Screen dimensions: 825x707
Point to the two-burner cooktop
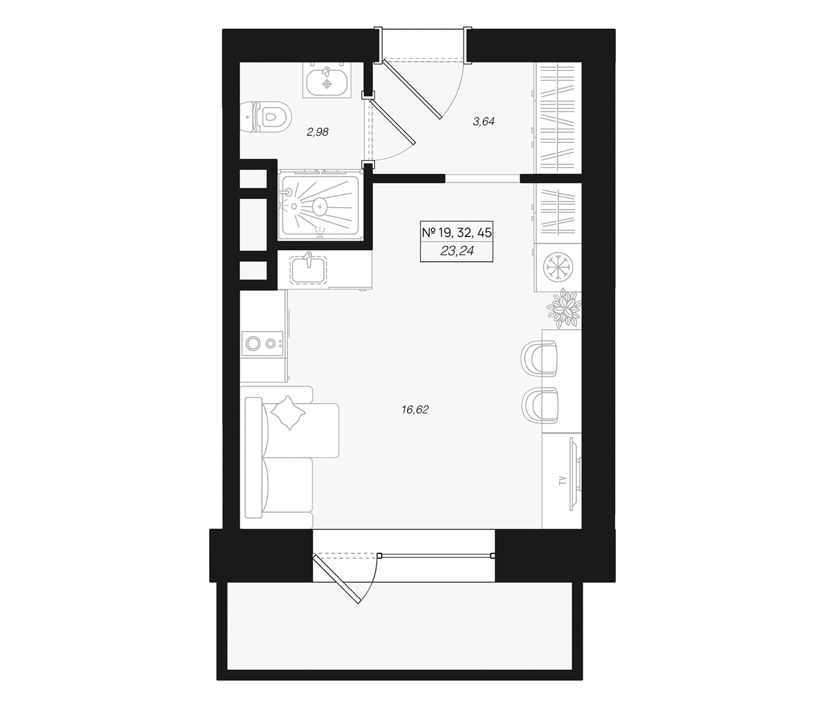[262, 343]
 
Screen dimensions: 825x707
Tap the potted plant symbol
[564, 308]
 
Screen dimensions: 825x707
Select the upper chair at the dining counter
[539, 357]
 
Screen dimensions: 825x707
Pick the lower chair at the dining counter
[539, 405]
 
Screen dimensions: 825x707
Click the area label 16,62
[415, 410]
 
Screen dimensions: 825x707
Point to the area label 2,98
[317, 132]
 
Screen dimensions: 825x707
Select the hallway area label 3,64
[483, 122]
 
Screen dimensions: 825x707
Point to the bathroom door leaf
[392, 122]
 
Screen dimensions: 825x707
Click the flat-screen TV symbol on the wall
[576, 474]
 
